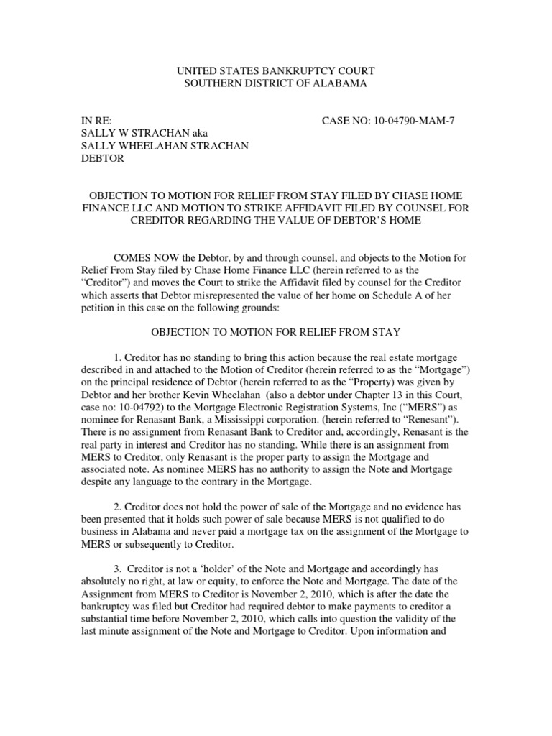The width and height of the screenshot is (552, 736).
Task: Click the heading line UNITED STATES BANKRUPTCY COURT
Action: coord(277,70)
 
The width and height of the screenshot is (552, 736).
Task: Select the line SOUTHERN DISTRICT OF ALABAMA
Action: coord(277,83)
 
